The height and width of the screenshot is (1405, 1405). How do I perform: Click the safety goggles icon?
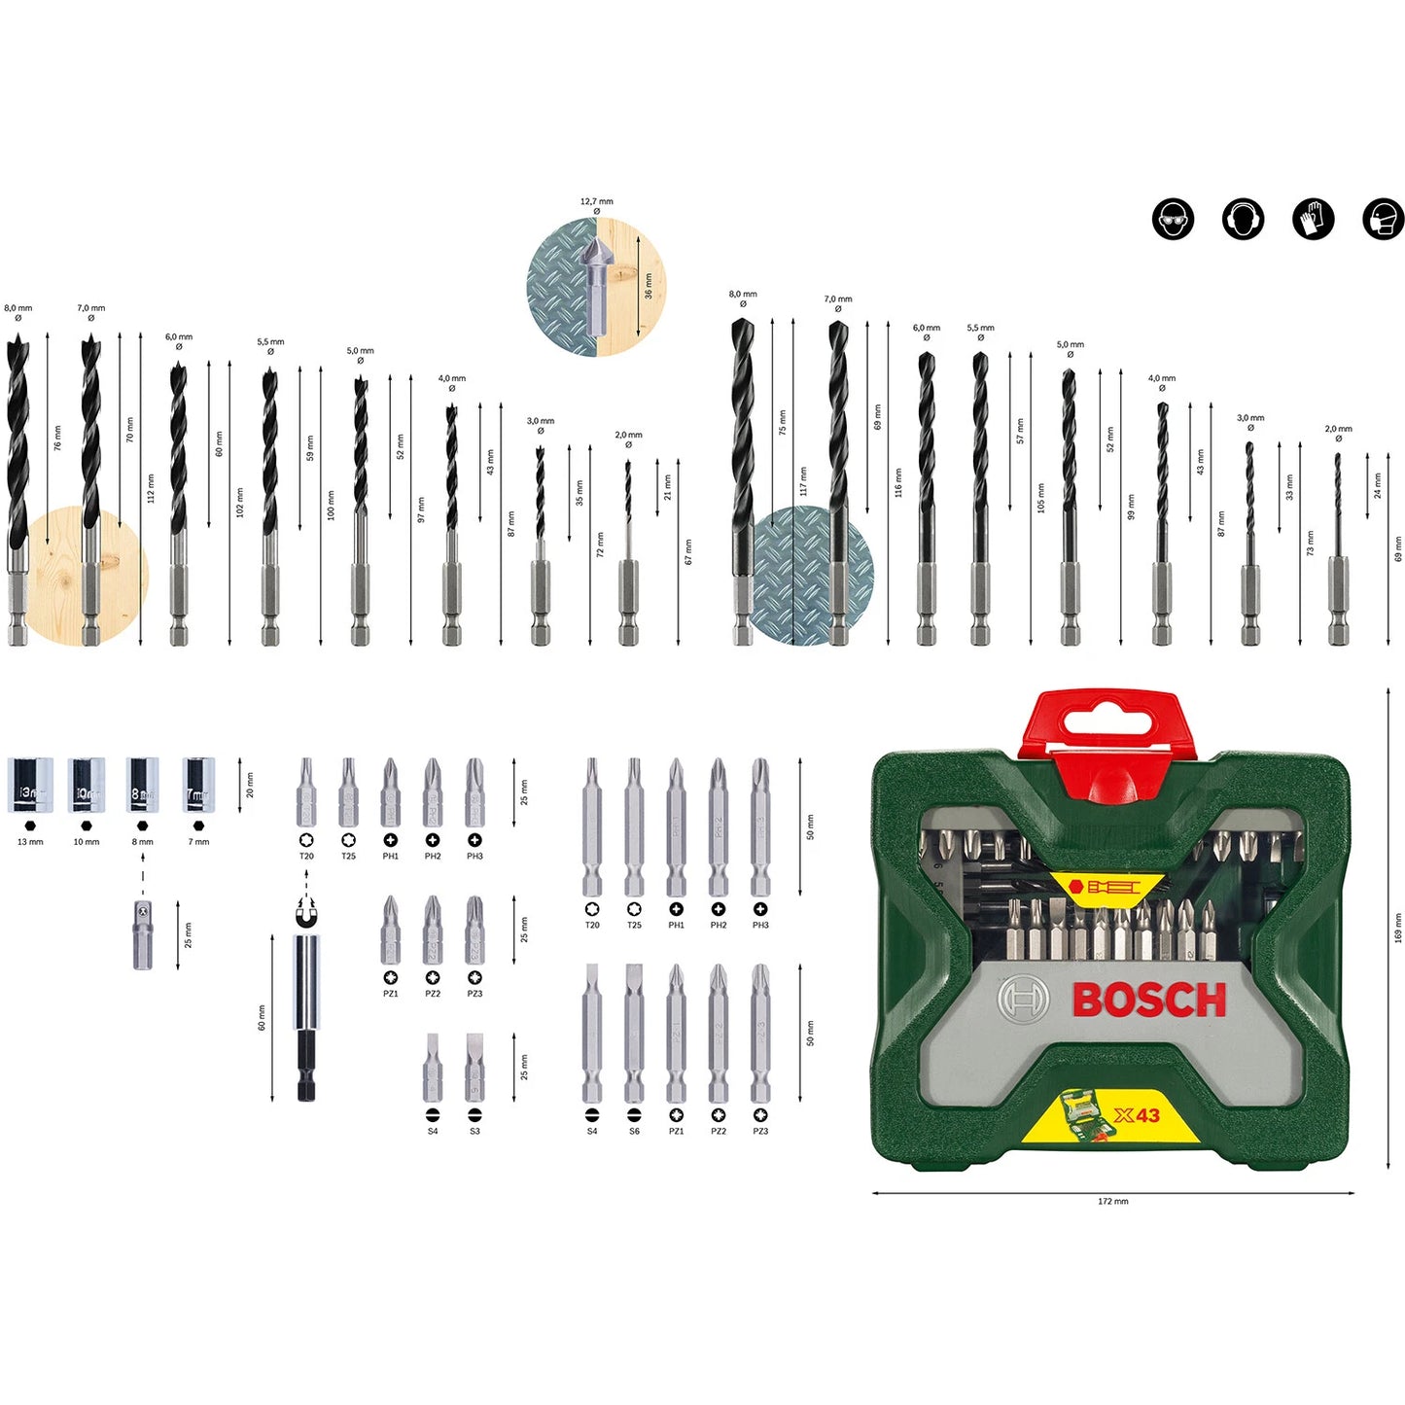[1173, 220]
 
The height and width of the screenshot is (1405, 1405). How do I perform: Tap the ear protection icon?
[1243, 220]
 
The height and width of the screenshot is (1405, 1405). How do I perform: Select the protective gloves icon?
[1313, 220]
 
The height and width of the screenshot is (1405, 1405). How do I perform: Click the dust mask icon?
[1383, 220]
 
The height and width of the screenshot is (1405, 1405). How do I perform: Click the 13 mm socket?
[30, 786]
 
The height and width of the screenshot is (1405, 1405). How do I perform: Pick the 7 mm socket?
[198, 786]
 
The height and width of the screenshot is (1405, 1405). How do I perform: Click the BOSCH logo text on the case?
[1149, 1001]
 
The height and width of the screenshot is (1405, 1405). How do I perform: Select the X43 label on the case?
[1137, 1115]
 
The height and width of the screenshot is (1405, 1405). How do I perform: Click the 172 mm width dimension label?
[1113, 1202]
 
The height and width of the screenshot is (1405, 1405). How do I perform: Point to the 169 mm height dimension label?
[1397, 929]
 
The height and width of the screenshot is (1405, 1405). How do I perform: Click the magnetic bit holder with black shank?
[306, 1017]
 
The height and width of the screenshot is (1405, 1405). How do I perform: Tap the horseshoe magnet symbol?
[306, 915]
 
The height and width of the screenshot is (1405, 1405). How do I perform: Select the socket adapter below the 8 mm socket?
[143, 934]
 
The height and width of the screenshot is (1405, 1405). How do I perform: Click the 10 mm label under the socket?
[87, 842]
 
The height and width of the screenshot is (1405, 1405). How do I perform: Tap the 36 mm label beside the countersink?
[649, 286]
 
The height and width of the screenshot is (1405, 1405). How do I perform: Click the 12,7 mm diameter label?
[597, 202]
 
